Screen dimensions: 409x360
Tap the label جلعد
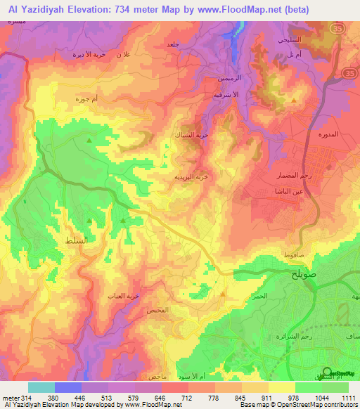pos(172,45)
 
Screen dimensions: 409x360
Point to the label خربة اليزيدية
pos(189,177)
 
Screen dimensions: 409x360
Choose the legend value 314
pos(27,398)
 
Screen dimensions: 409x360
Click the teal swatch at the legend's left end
pos(41,387)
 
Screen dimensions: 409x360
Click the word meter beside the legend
pos(11,398)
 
